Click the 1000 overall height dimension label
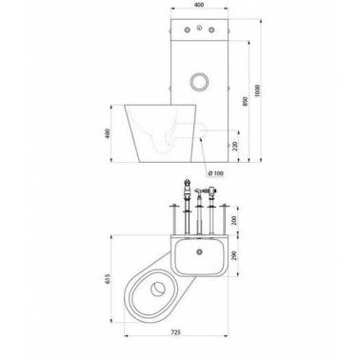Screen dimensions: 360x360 pos(257,90)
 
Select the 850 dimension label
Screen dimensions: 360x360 pos(245,101)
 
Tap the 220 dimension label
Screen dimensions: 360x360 pos(235,146)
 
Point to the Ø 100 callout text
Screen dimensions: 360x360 pos(216,173)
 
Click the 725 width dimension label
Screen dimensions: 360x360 pos(175,332)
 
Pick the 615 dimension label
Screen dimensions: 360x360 pos(108,278)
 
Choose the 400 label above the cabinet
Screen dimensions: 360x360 pos(199,5)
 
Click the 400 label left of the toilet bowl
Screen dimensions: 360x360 pos(108,133)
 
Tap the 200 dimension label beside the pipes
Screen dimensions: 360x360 pos(235,219)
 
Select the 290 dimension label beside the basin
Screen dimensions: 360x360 pos(235,255)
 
